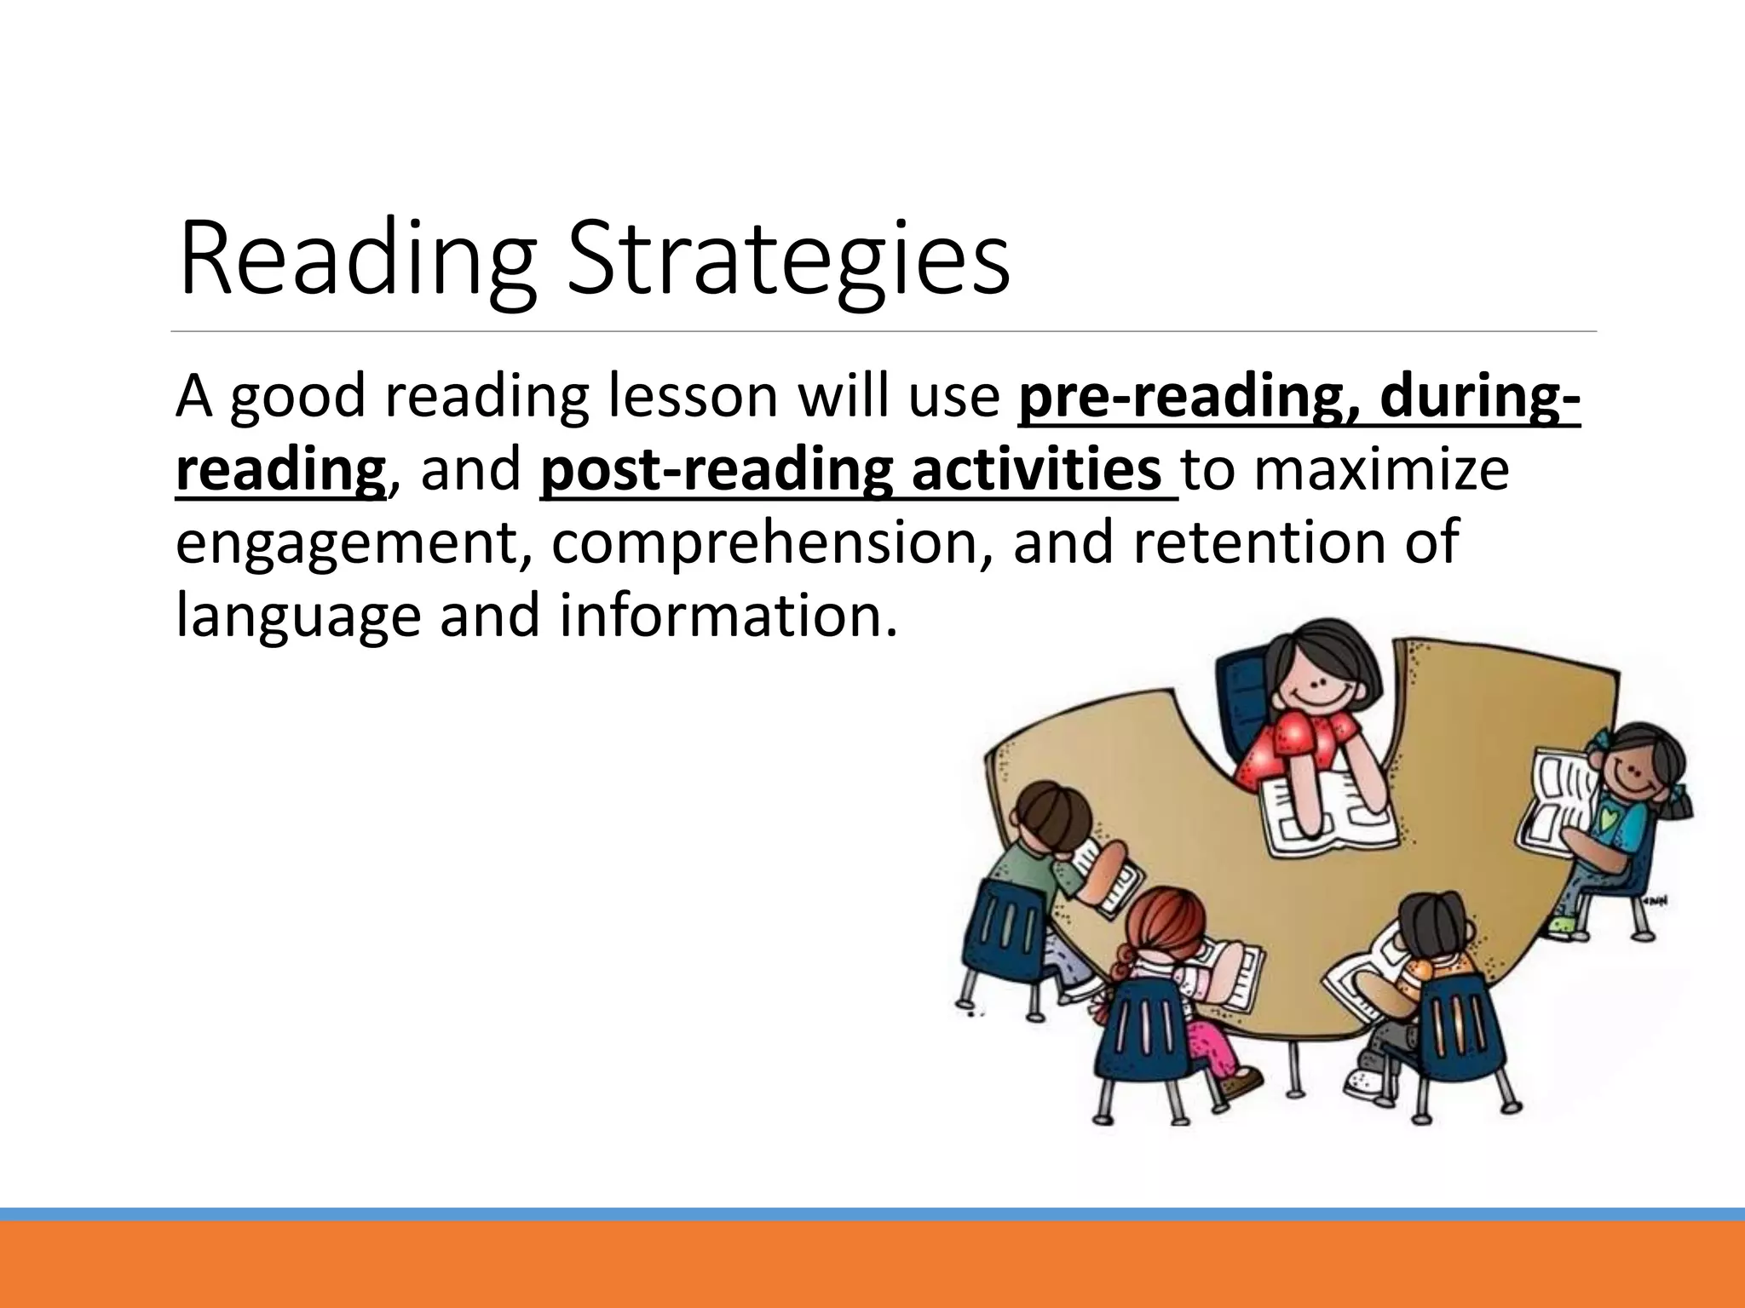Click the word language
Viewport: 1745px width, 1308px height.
pos(297,615)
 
